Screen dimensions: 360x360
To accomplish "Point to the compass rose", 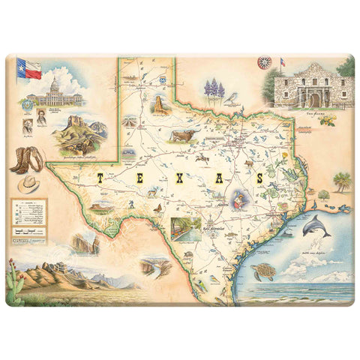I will click(263, 63).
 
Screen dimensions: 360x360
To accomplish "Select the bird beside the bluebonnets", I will click(233, 97).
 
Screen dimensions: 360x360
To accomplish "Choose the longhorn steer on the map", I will click(181, 135).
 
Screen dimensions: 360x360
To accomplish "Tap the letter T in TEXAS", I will click(99, 178).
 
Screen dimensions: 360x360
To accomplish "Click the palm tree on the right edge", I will click(342, 181).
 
